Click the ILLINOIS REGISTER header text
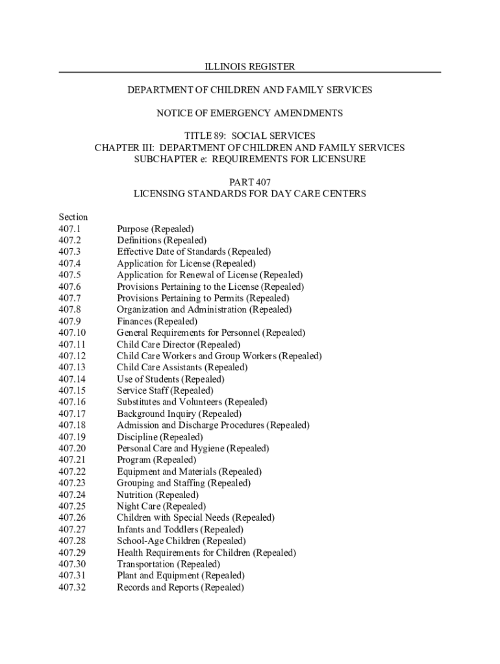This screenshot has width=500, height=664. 250,67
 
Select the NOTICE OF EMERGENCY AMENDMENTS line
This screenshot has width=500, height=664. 250,113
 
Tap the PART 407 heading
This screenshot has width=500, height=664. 250,182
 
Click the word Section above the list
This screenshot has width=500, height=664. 73,217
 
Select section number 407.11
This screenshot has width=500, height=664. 72,344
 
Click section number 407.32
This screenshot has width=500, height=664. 72,587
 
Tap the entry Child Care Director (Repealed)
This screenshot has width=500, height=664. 178,344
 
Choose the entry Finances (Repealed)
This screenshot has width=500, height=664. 157,322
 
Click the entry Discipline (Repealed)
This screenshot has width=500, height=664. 160,437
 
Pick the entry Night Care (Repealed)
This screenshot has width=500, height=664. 161,506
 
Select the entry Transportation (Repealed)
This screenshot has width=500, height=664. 168,564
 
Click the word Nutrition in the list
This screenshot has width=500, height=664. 135,495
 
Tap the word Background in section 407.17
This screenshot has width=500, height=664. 140,414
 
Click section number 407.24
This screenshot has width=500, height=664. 72,495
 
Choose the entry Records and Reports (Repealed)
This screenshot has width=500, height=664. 181,587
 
